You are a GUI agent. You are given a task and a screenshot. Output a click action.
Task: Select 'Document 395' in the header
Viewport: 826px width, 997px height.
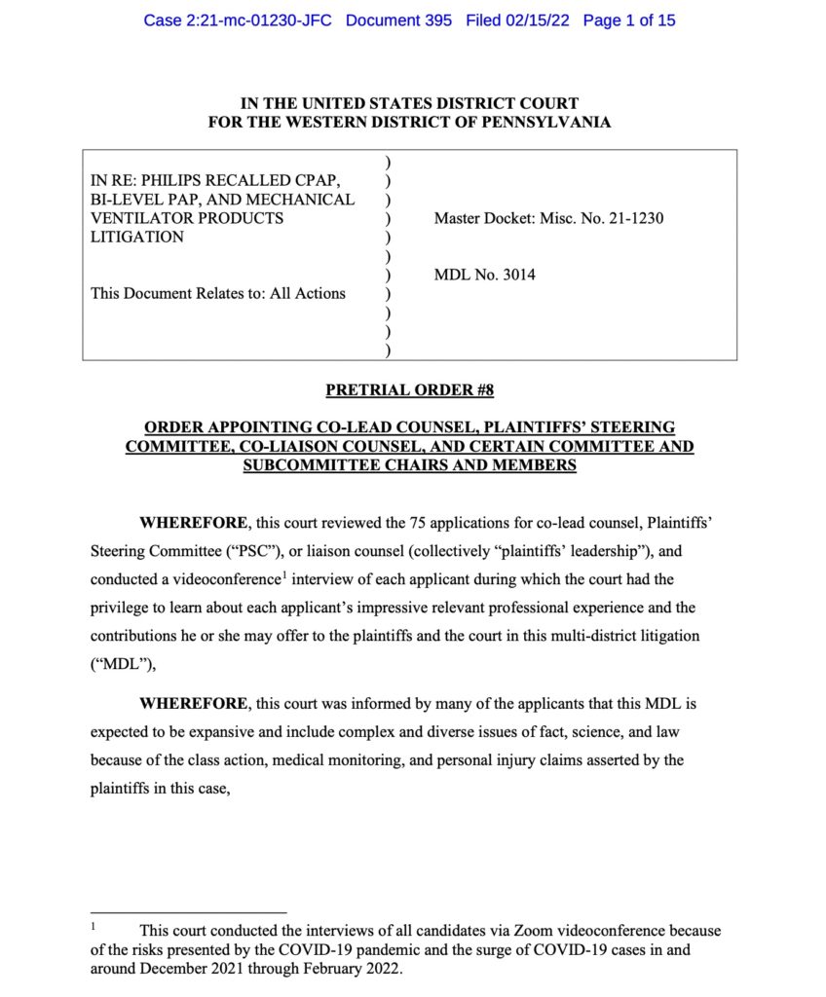398,20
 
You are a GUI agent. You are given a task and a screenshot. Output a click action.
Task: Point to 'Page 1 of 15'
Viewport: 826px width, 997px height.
629,20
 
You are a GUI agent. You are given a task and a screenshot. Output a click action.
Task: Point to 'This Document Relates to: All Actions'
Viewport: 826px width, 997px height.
218,293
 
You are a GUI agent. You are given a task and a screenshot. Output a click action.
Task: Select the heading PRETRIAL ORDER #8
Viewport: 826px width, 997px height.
410,390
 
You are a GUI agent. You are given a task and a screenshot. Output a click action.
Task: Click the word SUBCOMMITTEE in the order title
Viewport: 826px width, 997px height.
302,465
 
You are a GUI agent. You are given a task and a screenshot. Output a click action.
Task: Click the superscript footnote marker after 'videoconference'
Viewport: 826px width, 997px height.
282,574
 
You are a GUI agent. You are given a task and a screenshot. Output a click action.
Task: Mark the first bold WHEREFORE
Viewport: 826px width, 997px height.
194,523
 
